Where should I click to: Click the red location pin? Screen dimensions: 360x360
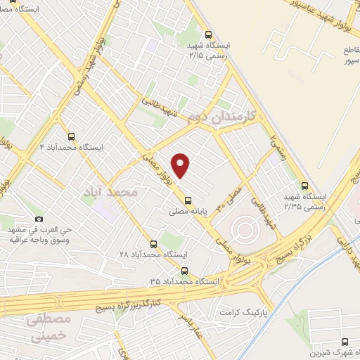pos(181,165)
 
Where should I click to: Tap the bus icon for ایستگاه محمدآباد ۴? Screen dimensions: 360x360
pos(71,136)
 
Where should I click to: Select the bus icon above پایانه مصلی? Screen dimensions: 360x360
pos(187,199)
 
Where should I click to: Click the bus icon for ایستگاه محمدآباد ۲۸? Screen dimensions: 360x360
pos(153,243)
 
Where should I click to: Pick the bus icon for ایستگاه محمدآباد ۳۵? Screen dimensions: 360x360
pos(184,271)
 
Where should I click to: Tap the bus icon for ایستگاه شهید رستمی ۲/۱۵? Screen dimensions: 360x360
pos(207,34)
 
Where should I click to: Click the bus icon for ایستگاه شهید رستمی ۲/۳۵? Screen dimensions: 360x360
pos(304,186)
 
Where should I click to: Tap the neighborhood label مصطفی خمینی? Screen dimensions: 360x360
pos(49,327)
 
